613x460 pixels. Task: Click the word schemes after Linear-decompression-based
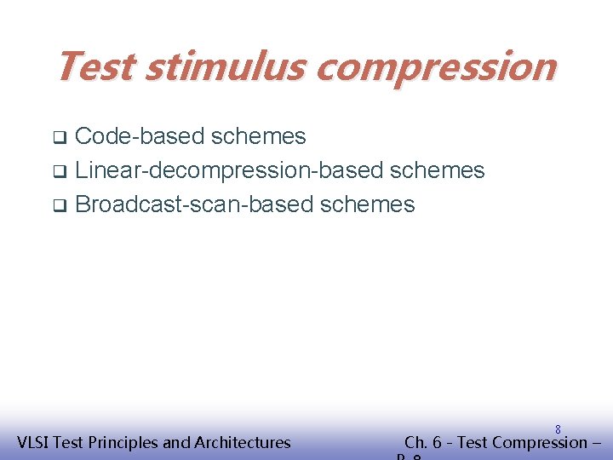click(x=437, y=170)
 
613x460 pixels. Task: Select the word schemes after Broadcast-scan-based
click(x=368, y=204)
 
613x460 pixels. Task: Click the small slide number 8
click(x=558, y=430)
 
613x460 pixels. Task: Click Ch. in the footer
click(x=416, y=442)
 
